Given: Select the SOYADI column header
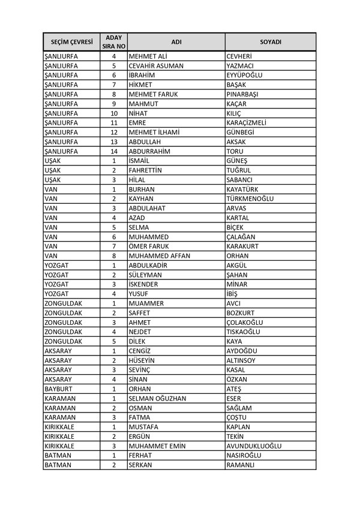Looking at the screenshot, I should click(270, 42).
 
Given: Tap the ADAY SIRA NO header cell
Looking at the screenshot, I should click(113, 42).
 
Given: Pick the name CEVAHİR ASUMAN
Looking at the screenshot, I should click(156, 66).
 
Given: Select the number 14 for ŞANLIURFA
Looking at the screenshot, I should click(113, 151).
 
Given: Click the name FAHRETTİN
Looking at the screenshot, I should click(149, 170).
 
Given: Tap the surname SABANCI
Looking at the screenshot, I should click(239, 180).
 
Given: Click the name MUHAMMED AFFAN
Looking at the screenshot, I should click(159, 255).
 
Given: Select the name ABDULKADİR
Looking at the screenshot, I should click(151, 265).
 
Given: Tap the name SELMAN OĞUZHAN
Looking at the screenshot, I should click(157, 398).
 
